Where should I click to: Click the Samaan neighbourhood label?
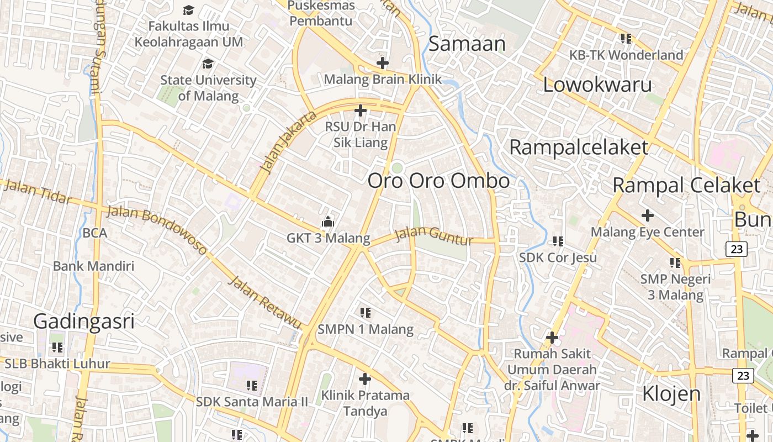tap(467, 44)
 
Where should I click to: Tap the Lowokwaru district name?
tap(597, 85)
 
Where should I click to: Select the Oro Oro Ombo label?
tap(438, 181)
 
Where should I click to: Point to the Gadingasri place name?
tap(84, 321)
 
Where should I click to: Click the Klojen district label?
tap(671, 394)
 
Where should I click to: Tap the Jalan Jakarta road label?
tap(288, 141)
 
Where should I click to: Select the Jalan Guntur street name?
tap(435, 236)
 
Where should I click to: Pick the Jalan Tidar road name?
tap(38, 191)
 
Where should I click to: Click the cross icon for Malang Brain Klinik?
tap(382, 63)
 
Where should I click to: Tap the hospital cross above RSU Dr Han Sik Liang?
tap(361, 111)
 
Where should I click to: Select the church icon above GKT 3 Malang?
tap(328, 222)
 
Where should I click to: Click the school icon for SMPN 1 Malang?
tap(365, 313)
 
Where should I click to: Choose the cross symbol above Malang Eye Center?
tap(647, 215)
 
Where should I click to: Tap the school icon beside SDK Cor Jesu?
tap(558, 241)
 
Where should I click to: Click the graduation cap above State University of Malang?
tap(208, 64)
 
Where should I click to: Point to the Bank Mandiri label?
tap(93, 266)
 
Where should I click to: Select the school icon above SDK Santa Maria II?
tap(252, 385)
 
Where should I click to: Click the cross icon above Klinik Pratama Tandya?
tap(364, 379)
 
